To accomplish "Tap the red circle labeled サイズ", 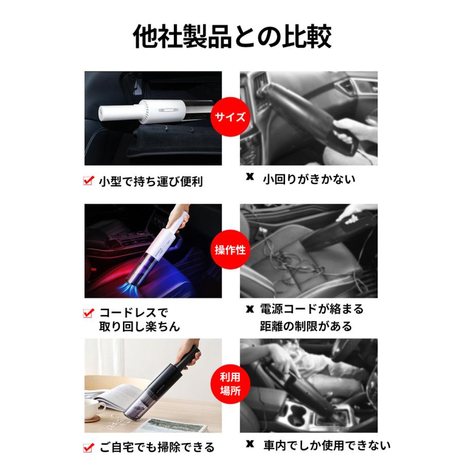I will [x=230, y=116].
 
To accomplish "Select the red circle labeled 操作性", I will [x=230, y=251].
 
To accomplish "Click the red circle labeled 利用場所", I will [x=230, y=385].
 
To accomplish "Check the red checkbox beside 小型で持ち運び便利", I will [x=88, y=181].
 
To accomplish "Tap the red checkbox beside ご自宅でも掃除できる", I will [x=88, y=447].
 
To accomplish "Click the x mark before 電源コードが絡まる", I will [x=251, y=310].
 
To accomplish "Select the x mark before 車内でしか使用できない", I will [x=251, y=444].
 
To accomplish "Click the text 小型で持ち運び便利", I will [x=151, y=181].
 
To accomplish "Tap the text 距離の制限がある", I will [x=307, y=326].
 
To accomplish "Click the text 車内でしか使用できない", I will [x=327, y=444].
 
